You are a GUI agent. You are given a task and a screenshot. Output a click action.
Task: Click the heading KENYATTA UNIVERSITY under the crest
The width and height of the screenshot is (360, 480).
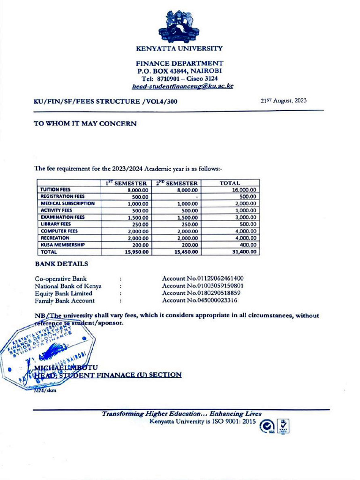pyautogui.click(x=180, y=48)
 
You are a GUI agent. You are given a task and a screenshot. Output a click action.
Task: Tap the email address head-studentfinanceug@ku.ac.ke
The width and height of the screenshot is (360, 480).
pyautogui.click(x=182, y=86)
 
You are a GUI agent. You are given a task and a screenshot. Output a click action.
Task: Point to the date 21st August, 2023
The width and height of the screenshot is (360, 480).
pyautogui.click(x=284, y=101)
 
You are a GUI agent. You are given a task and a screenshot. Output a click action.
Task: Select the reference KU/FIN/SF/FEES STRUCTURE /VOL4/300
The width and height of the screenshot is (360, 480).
pyautogui.click(x=106, y=101)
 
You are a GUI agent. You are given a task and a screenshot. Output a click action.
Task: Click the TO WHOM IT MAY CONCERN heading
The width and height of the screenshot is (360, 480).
pyautogui.click(x=85, y=124)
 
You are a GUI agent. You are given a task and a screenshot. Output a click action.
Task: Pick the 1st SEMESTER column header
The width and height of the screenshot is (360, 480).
pyautogui.click(x=127, y=183)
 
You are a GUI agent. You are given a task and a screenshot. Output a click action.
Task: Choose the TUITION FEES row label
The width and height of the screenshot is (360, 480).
pyautogui.click(x=55, y=189)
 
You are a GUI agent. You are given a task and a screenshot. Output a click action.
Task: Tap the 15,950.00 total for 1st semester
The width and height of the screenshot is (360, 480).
pyautogui.click(x=135, y=252)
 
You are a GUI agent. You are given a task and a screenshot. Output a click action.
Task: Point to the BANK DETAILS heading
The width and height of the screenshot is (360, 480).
pyautogui.click(x=61, y=264)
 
